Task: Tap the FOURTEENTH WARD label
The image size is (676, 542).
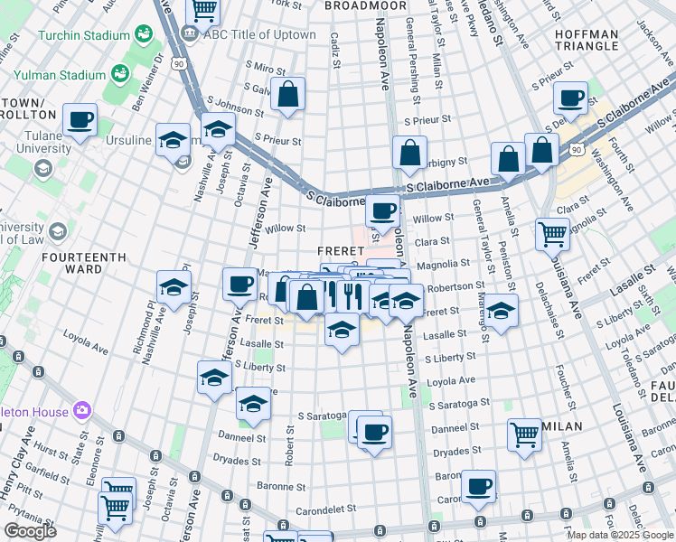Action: coord(83,263)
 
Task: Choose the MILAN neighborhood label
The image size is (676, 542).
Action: coord(562,425)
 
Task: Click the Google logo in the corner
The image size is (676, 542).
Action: coord(30,531)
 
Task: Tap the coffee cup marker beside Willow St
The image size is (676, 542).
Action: coord(382,211)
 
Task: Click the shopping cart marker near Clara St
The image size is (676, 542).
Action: coord(552,233)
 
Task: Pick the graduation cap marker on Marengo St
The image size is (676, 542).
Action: coord(501,309)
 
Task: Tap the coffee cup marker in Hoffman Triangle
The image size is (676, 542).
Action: coord(570,98)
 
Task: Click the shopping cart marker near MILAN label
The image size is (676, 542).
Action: coord(524,434)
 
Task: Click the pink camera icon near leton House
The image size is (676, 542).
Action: coord(83,412)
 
